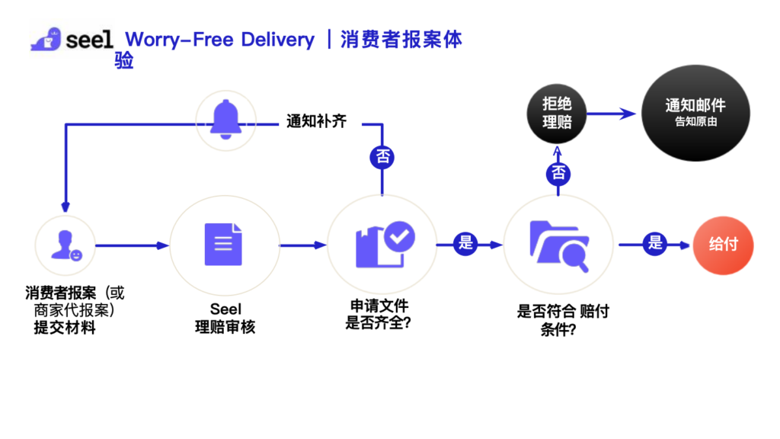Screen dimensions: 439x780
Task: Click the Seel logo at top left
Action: click(x=72, y=40)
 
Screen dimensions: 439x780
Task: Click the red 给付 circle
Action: click(x=723, y=245)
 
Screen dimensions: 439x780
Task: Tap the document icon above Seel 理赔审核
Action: click(x=223, y=245)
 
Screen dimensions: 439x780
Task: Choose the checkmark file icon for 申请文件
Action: click(x=383, y=245)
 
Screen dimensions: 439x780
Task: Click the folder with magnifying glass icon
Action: click(x=558, y=245)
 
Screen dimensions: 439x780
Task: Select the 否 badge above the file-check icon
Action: click(x=382, y=158)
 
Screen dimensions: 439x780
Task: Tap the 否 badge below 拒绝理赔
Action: click(x=558, y=173)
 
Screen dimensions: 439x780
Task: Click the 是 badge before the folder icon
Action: click(x=465, y=244)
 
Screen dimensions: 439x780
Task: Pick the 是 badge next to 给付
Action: click(x=654, y=244)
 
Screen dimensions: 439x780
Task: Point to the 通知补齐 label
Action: click(x=317, y=121)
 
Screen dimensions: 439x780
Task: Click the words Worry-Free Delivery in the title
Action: click(x=220, y=40)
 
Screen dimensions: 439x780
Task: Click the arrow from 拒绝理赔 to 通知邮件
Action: click(x=612, y=114)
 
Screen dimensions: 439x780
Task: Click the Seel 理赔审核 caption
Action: click(x=225, y=319)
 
